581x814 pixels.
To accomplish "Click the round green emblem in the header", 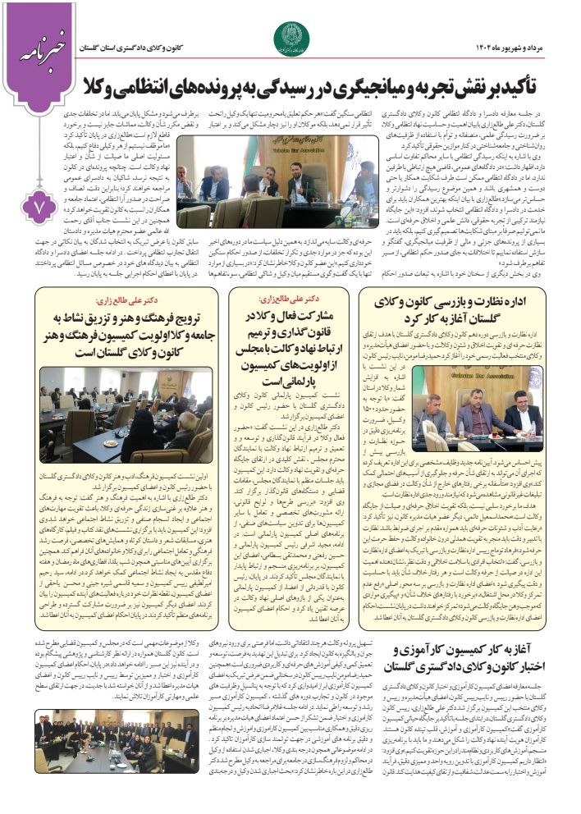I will (291, 36).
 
